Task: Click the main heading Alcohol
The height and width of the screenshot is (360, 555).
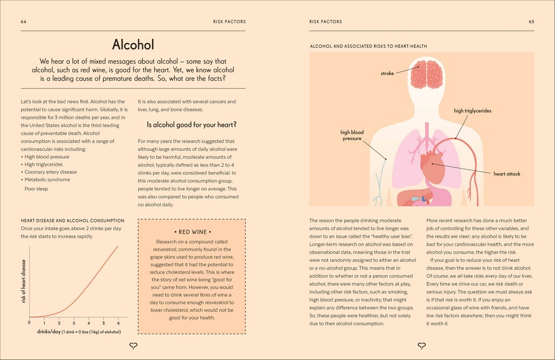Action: (133, 44)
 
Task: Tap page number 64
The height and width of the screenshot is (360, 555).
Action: (24, 22)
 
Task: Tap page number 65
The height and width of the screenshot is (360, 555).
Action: (531, 22)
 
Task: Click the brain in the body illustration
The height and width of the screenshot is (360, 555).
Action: (426, 74)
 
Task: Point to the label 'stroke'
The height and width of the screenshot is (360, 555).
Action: (387, 73)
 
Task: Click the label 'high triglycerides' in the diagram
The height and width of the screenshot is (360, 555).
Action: (472, 111)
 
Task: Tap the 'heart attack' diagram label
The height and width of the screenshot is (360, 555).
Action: (507, 174)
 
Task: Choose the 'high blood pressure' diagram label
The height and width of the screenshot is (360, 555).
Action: (352, 135)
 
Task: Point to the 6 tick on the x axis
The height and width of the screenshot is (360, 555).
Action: (118, 322)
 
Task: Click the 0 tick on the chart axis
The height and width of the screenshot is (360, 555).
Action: (29, 322)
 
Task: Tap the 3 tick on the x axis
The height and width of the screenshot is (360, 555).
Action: (74, 322)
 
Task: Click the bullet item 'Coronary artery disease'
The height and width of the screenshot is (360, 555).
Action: (51, 172)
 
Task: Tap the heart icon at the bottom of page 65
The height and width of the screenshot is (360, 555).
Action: (421, 346)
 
